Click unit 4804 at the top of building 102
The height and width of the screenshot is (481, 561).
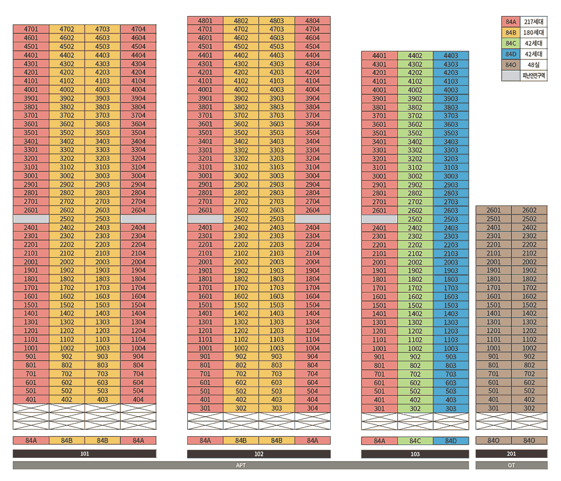(312, 20)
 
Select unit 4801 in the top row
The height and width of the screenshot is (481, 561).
(205, 20)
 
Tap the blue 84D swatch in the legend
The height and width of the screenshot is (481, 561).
(511, 54)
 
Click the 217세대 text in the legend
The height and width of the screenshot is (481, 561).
(534, 22)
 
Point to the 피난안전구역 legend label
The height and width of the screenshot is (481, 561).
(534, 76)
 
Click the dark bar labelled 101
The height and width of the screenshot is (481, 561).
(85, 454)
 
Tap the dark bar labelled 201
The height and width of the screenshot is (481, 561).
(511, 454)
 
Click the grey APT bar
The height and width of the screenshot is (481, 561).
(241, 465)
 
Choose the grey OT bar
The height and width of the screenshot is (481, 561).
(511, 465)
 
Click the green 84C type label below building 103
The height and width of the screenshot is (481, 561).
(415, 441)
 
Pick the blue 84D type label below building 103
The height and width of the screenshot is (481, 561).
(451, 441)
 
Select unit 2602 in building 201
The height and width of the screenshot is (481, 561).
(529, 210)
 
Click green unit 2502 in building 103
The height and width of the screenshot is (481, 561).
(415, 219)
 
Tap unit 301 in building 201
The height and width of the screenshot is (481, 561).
(494, 408)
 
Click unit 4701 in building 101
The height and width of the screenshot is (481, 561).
(31, 29)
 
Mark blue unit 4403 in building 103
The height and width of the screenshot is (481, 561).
(451, 56)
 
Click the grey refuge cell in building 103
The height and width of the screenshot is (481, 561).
(379, 219)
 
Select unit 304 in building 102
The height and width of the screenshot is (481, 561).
(312, 408)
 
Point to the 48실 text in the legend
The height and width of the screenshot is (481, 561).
(534, 65)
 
